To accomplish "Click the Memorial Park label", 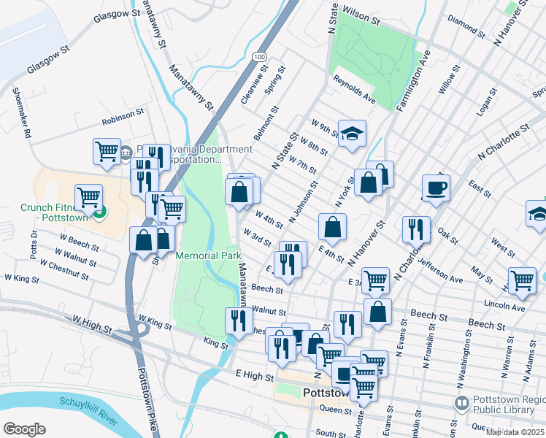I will (208, 256).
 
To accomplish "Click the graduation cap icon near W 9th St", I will (352, 134).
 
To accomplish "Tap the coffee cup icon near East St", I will (436, 188).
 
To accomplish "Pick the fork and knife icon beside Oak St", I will (416, 228).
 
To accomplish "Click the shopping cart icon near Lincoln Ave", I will (522, 280).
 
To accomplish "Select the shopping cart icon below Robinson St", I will (107, 151).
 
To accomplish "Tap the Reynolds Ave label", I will (354, 89).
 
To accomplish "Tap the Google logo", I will (24, 429).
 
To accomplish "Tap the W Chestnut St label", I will (64, 270).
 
